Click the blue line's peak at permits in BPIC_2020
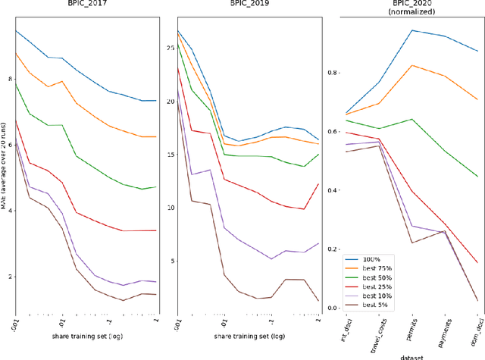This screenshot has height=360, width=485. tap(411, 30)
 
